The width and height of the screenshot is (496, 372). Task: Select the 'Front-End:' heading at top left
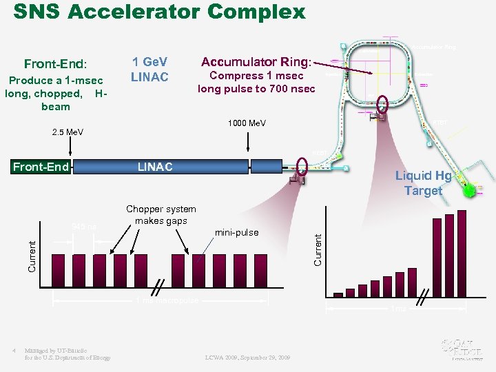pyautogui.click(x=55, y=64)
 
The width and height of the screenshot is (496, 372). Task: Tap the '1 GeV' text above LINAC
pyautogui.click(x=150, y=61)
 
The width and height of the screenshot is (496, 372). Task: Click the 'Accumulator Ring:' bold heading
pyautogui.click(x=256, y=61)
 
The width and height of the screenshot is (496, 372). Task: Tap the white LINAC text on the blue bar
pyautogui.click(x=155, y=167)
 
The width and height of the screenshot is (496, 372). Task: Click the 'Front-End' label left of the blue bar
pyautogui.click(x=41, y=167)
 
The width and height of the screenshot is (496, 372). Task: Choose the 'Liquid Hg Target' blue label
pyautogui.click(x=423, y=183)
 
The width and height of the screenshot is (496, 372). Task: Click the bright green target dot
pyautogui.click(x=469, y=191)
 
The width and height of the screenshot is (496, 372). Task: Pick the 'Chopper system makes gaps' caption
pyautogui.click(x=161, y=214)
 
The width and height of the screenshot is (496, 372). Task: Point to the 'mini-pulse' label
pyautogui.click(x=237, y=232)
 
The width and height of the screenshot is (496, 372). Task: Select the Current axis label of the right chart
pyautogui.click(x=318, y=249)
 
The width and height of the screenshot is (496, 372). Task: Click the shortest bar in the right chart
pyautogui.click(x=338, y=293)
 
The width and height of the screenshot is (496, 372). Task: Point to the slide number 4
pyautogui.click(x=14, y=351)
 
